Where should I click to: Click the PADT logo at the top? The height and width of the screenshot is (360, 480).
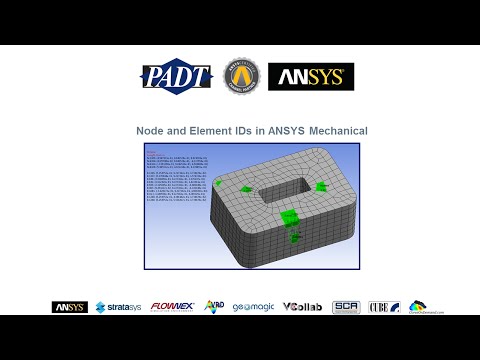coord(176,77)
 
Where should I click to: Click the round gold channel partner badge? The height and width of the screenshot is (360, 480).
coord(240,76)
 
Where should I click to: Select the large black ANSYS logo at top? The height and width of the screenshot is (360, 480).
coord(311,77)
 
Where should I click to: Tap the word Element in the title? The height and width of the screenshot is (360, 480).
coord(207,131)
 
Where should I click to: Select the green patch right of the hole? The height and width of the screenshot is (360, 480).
coord(320,187)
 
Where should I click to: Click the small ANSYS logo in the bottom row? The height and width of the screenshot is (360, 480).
coord(69,307)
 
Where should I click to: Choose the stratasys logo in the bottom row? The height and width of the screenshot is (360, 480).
coord(117,307)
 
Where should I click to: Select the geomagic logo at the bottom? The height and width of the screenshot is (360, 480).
coord(252,307)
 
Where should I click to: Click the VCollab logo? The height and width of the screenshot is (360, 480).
coord(302,307)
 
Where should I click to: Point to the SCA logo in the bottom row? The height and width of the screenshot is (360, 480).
coord(346,307)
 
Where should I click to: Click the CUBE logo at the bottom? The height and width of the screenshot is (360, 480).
coord(384,307)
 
